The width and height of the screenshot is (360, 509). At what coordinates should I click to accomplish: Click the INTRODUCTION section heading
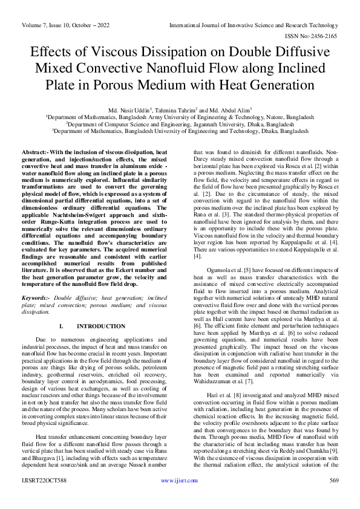pos(102,326)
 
